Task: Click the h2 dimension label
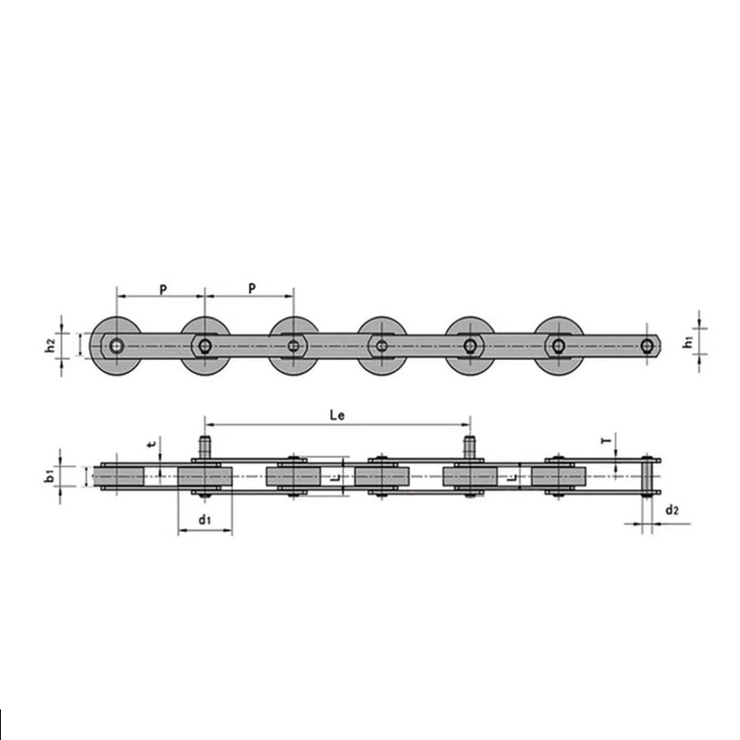[51, 345]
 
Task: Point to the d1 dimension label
[205, 521]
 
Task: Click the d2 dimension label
[672, 511]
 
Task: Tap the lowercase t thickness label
[151, 445]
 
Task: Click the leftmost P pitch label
[162, 289]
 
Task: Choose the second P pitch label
[251, 289]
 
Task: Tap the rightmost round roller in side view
[559, 346]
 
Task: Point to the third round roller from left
[293, 346]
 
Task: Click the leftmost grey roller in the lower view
[117, 476]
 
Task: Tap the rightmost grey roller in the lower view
[559, 476]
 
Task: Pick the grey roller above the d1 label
[204, 476]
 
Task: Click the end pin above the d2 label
[648, 476]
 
